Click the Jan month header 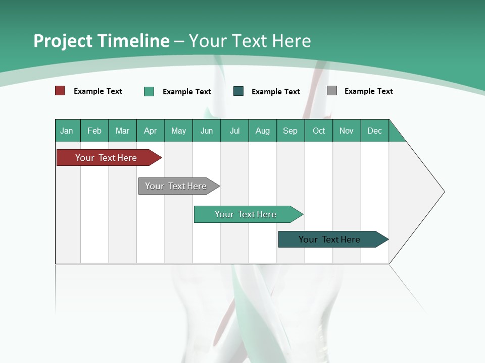(67, 131)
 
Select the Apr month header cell (151, 131)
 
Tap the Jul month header (234, 131)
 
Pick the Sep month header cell (290, 131)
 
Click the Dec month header (374, 131)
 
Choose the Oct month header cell (319, 131)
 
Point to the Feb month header (94, 131)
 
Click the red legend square (60, 91)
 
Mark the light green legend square (149, 91)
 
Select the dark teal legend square (238, 91)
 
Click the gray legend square (332, 91)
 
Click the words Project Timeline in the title (101, 41)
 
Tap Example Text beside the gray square (368, 91)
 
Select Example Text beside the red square (98, 91)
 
